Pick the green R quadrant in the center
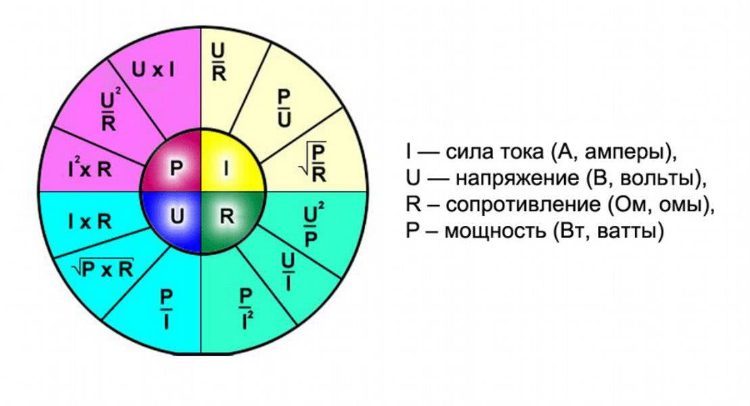tap(227, 217)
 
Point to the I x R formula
tap(89, 221)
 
